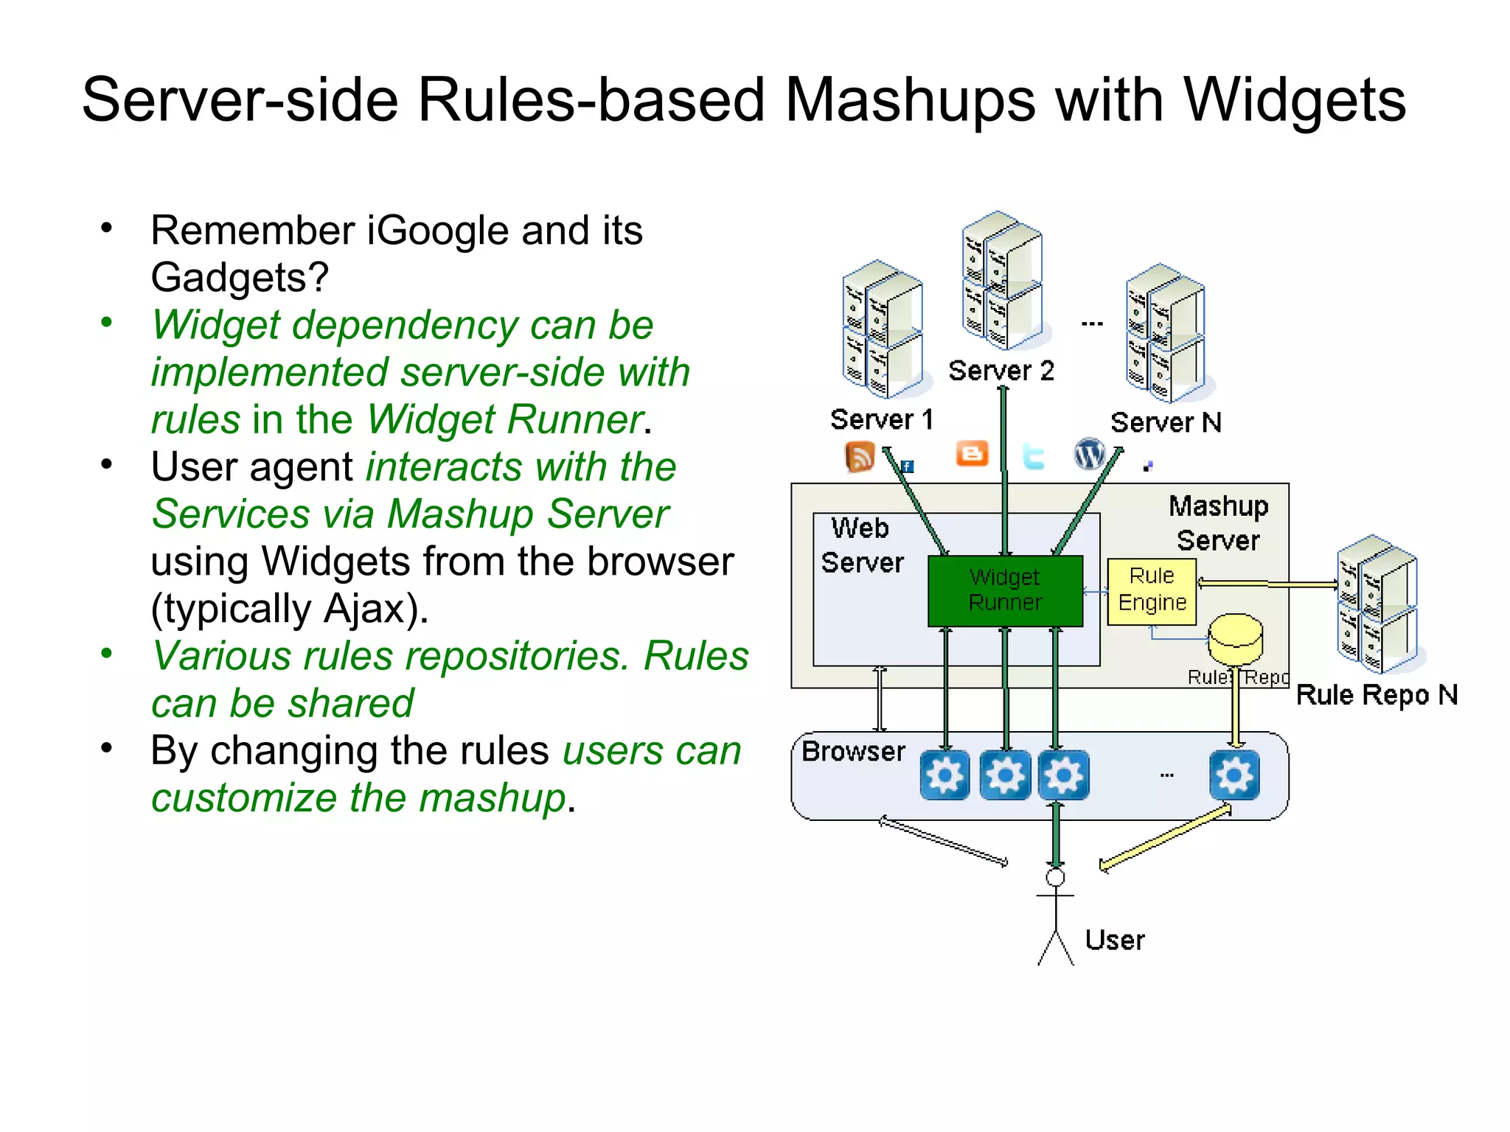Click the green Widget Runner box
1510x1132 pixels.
coord(1004,590)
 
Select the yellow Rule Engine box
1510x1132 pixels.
coord(1151,590)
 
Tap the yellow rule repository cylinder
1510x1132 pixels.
coord(1235,638)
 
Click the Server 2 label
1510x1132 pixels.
coord(1001,371)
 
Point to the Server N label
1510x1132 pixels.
coord(1166,423)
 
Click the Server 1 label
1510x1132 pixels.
coord(881,420)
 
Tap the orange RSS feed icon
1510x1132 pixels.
coord(859,457)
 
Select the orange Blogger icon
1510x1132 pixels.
coord(972,454)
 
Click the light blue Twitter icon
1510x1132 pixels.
coord(1033,457)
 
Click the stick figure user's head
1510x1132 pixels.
coord(1055,877)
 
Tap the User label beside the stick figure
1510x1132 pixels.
coord(1114,940)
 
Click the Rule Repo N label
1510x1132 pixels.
coord(1377,695)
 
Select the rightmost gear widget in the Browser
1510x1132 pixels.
coord(1234,775)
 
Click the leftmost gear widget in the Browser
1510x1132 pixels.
coord(944,775)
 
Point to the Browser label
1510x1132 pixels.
coord(853,752)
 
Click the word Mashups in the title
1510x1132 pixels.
coord(910,100)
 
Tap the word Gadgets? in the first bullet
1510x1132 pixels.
coord(240,278)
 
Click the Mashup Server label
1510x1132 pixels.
coord(1218,523)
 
